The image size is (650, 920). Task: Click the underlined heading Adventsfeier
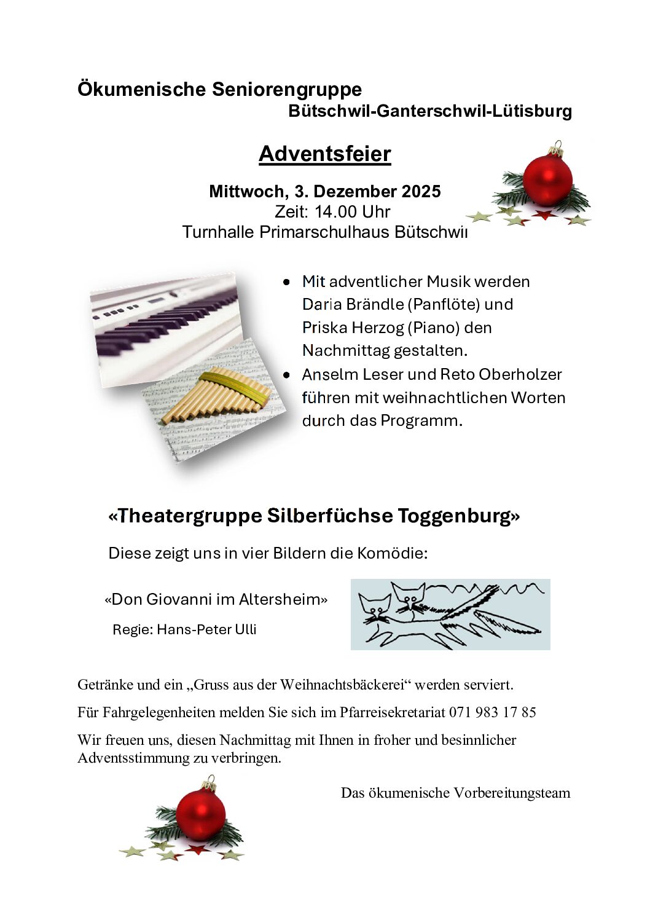[324, 154]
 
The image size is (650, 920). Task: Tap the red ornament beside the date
[547, 181]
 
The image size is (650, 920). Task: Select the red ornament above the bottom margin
[200, 816]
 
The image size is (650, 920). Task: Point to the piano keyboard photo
[166, 323]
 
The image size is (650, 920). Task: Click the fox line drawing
[450, 614]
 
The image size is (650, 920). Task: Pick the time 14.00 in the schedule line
[335, 212]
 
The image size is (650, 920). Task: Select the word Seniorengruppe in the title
[287, 89]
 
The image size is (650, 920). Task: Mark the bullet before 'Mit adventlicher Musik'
[286, 282]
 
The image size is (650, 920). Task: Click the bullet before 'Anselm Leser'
[286, 374]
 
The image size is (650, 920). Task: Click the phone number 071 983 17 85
[492, 712]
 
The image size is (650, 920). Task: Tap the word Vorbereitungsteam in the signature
[512, 793]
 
